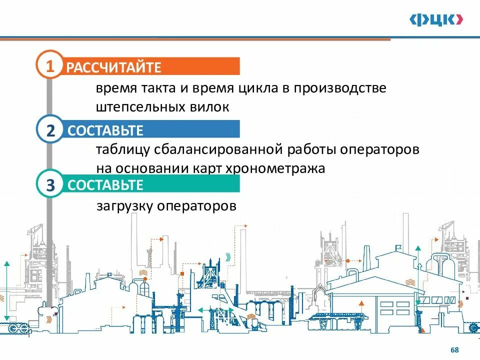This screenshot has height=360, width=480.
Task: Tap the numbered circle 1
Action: point(50,66)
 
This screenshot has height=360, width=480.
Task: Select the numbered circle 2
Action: point(50,130)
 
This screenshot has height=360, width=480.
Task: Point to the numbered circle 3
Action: point(50,184)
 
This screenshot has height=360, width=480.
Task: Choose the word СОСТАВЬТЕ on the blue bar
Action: point(105,131)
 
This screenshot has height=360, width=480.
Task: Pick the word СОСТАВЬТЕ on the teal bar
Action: point(105,185)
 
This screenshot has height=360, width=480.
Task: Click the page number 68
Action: point(454,350)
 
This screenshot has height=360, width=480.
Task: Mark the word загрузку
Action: point(124,206)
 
